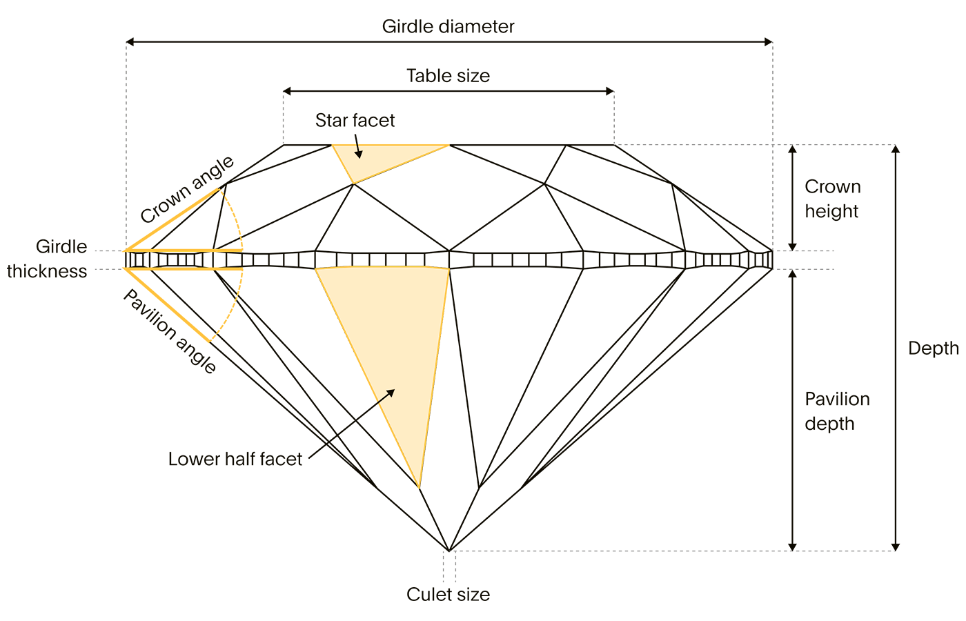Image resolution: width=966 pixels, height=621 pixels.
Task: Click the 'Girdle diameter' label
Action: click(x=448, y=27)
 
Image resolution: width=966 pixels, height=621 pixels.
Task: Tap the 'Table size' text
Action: click(x=448, y=76)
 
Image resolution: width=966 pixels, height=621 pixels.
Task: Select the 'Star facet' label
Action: click(x=355, y=120)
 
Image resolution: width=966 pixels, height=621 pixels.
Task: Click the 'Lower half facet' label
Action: click(x=235, y=459)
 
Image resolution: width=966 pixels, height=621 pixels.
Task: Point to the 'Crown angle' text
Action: click(x=187, y=190)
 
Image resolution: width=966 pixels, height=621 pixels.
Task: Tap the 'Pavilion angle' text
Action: click(x=170, y=331)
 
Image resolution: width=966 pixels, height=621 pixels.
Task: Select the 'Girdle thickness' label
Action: click(x=47, y=259)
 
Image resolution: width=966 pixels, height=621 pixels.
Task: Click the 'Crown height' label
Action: click(x=833, y=199)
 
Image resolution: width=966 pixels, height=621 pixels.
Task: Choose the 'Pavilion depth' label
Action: click(x=837, y=411)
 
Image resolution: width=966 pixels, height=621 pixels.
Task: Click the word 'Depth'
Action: click(x=933, y=348)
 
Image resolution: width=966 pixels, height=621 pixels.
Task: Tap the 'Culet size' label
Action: click(x=448, y=595)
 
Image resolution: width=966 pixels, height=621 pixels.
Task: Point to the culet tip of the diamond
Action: click(x=449, y=551)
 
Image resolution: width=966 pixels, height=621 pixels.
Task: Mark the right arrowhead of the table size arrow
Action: click(x=610, y=91)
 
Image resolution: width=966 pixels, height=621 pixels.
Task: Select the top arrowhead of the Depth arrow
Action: click(x=896, y=149)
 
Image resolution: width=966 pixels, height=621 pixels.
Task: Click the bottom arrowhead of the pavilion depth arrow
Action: click(x=792, y=546)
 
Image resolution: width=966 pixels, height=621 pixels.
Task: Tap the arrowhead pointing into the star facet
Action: click(x=359, y=155)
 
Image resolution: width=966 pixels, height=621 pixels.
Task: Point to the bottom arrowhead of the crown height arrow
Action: click(x=792, y=247)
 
